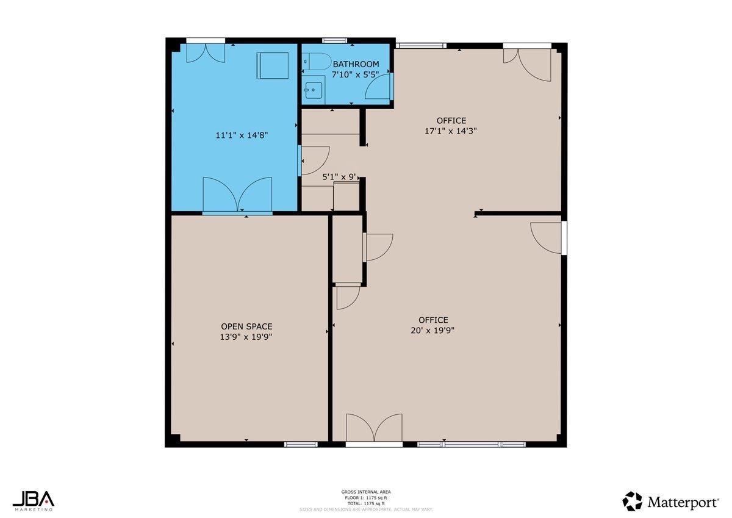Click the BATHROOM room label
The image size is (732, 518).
356,64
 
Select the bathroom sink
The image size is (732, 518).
314,90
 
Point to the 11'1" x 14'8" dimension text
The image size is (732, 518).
242,135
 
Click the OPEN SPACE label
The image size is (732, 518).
246,326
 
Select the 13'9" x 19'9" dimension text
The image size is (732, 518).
246,336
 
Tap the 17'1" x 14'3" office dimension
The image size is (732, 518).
451,131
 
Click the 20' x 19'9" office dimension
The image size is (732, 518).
433,330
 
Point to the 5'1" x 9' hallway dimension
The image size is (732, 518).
339,178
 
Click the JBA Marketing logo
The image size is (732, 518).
34,499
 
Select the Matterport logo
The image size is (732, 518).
670,502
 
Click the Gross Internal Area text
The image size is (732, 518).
366,491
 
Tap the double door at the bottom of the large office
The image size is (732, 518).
374,428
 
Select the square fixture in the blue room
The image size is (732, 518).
272,65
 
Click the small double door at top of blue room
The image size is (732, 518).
206,53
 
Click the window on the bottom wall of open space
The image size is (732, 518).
301,444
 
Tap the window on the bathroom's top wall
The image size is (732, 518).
334,41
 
